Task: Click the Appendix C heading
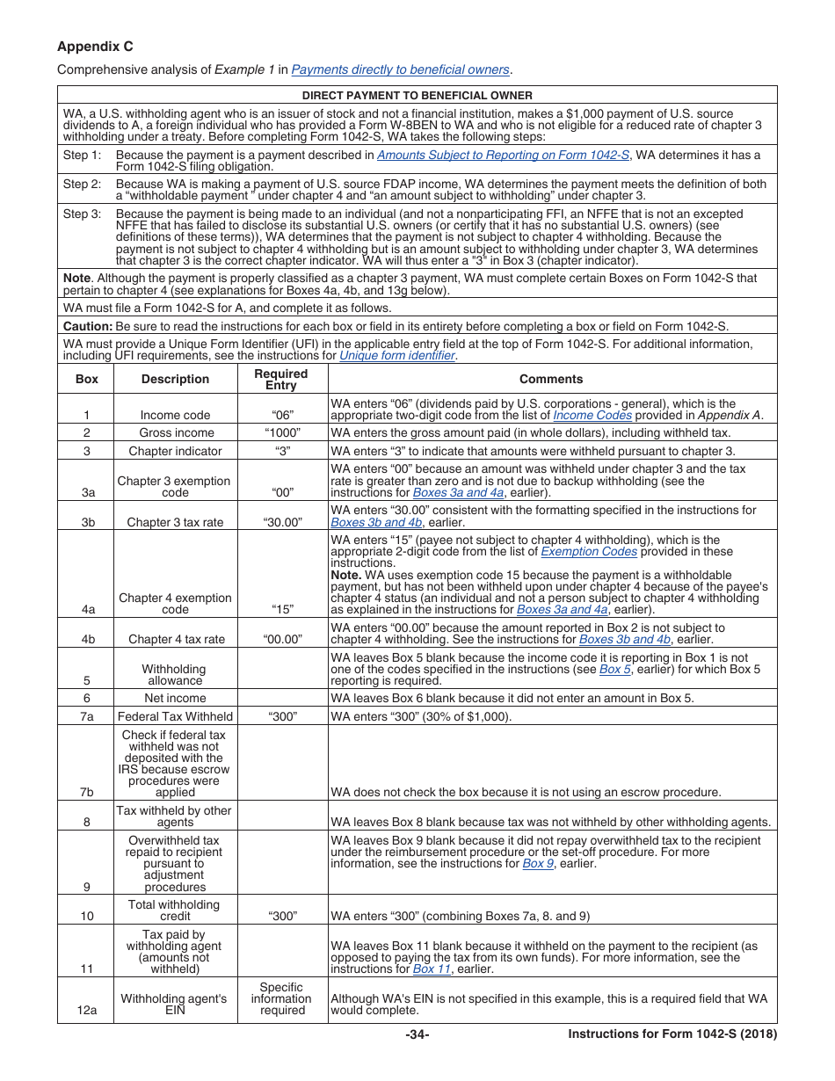pyautogui.click(x=95, y=47)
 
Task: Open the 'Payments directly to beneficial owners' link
pyautogui.click(x=400, y=69)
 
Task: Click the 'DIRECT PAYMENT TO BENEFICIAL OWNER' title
pyautogui.click(x=417, y=96)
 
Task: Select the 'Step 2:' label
pyautogui.click(x=82, y=185)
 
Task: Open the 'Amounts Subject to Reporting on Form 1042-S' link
pyautogui.click(x=503, y=155)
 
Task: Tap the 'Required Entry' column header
pyautogui.click(x=281, y=379)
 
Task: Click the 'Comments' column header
pyautogui.click(x=551, y=379)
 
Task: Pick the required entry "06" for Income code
pyautogui.click(x=281, y=415)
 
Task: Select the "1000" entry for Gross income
pyautogui.click(x=281, y=432)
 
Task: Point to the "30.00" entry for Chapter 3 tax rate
pyautogui.click(x=281, y=522)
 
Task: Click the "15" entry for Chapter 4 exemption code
pyautogui.click(x=281, y=608)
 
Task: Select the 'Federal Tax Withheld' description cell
pyautogui.click(x=175, y=716)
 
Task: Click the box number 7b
pyautogui.click(x=86, y=791)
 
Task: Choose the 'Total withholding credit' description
pyautogui.click(x=175, y=910)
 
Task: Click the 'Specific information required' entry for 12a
pyautogui.click(x=281, y=998)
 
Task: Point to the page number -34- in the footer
pyautogui.click(x=417, y=1034)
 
